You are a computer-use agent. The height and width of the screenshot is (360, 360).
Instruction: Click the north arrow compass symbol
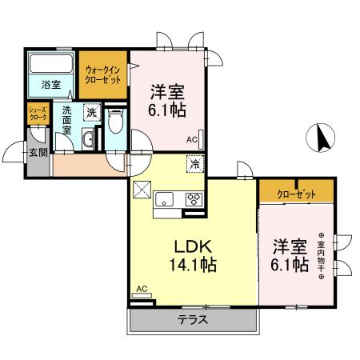(x=322, y=138)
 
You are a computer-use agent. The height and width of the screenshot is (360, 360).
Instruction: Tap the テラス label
(x=192, y=319)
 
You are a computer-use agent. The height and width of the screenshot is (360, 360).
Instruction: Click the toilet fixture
(x=116, y=122)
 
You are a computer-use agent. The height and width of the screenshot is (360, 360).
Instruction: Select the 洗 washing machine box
(x=93, y=113)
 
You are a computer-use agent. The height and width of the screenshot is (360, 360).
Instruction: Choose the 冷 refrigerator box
(x=195, y=164)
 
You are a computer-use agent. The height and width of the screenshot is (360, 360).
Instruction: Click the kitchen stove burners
(x=194, y=198)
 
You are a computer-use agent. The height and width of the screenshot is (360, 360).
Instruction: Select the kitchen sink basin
(x=166, y=198)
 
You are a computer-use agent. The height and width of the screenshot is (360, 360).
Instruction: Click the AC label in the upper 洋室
(x=192, y=140)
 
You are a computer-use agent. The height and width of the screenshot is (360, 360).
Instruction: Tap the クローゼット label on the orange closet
(x=295, y=194)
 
